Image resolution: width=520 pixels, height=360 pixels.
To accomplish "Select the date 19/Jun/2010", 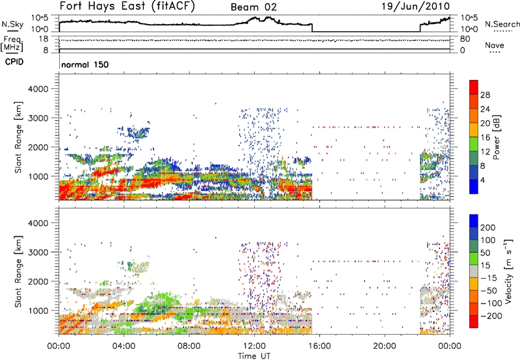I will click(421, 7).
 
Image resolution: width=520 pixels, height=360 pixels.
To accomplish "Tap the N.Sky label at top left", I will click(10, 24).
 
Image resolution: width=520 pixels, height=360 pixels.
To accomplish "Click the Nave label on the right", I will click(494, 45).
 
